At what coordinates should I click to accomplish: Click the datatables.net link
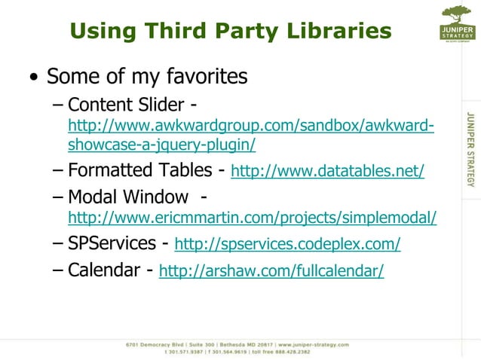[x=327, y=172]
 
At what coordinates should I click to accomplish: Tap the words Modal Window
[x=127, y=197]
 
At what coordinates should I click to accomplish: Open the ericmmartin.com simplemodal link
[x=252, y=218]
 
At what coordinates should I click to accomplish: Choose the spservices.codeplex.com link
[x=286, y=244]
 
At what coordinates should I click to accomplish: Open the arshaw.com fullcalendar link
[x=271, y=270]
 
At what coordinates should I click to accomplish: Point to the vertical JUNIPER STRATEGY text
[x=470, y=150]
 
